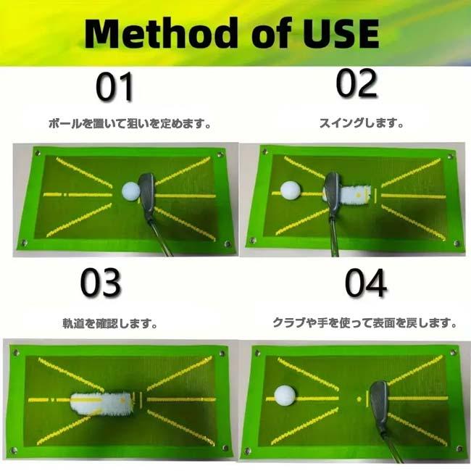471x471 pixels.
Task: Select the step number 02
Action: point(357,85)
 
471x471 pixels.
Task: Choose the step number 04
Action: point(365,285)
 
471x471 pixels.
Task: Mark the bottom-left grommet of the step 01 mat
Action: point(24,243)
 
